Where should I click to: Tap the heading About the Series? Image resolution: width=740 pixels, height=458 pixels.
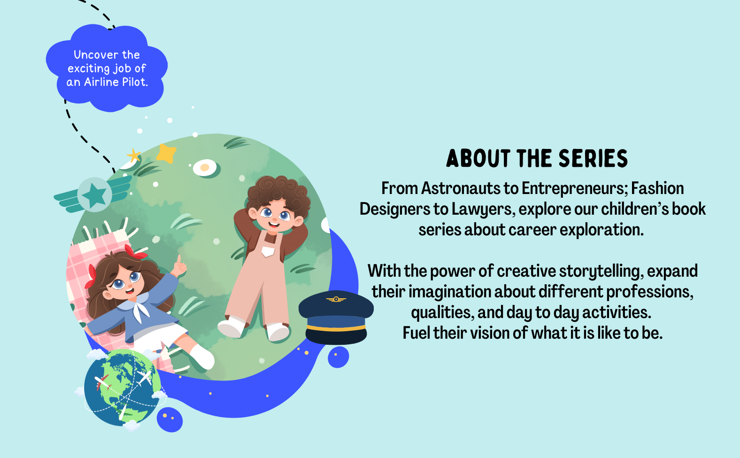click(x=537, y=158)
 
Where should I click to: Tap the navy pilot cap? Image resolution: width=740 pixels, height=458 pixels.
click(x=336, y=317)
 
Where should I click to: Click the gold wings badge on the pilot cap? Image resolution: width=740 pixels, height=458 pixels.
click(x=336, y=299)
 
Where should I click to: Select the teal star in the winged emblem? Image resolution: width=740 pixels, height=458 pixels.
click(x=94, y=195)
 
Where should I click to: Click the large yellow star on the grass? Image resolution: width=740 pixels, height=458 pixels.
click(x=166, y=153)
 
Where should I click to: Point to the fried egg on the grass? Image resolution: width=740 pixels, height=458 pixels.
click(x=205, y=168)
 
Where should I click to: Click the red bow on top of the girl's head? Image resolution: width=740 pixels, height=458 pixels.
click(x=135, y=252)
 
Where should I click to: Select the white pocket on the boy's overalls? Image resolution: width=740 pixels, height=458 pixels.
click(x=268, y=251)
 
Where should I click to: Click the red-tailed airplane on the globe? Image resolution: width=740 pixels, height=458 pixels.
click(x=102, y=383)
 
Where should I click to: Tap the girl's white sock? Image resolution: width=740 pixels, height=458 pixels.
click(x=201, y=357)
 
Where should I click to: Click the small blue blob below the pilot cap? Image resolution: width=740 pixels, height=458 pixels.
click(x=338, y=357)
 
